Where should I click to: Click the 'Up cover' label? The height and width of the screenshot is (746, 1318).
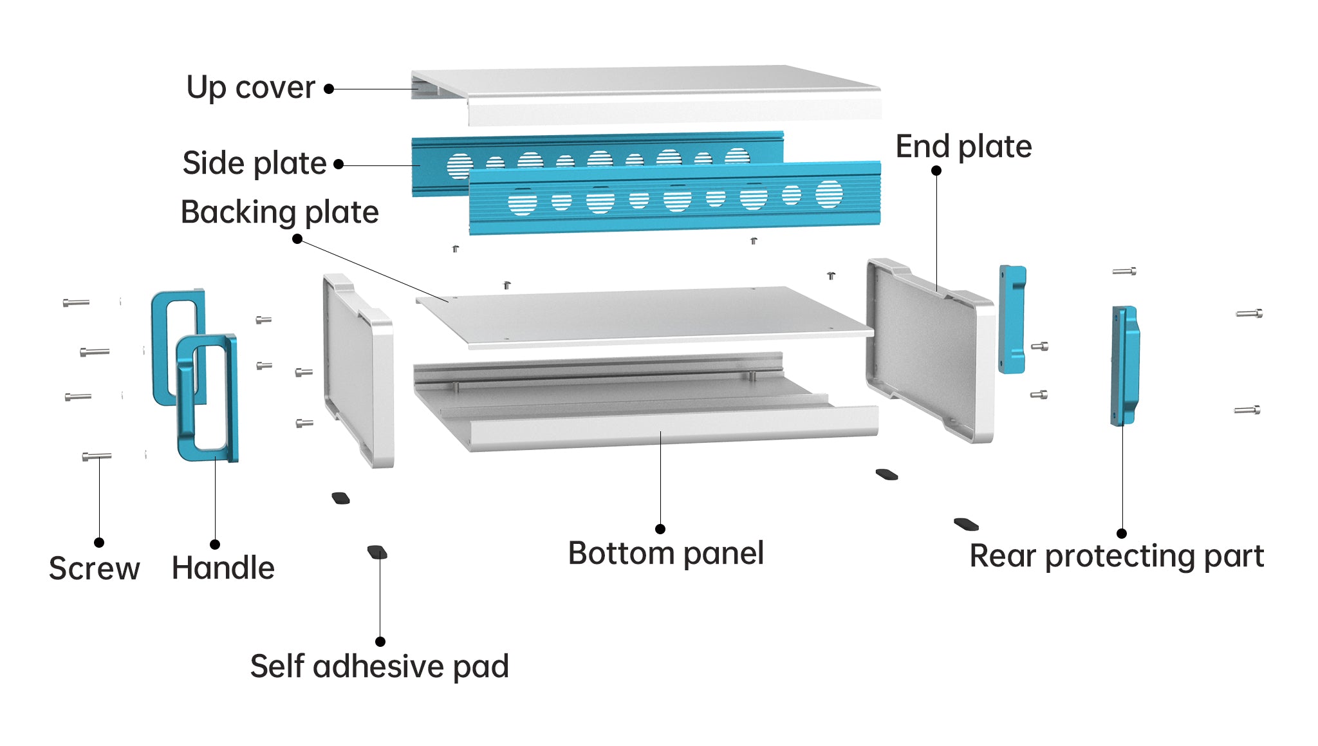(250, 88)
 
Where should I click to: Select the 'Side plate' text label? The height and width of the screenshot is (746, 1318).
(254, 163)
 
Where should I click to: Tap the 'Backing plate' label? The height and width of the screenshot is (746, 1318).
(279, 212)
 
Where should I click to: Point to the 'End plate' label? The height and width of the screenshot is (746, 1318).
(963, 147)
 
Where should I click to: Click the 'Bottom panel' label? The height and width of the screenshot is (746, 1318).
(665, 554)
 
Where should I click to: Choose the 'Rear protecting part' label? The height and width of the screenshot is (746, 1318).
(1117, 556)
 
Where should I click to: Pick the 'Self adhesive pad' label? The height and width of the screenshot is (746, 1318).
(379, 666)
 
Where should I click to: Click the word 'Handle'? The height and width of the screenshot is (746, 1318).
(223, 568)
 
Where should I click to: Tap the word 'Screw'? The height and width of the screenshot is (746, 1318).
(94, 568)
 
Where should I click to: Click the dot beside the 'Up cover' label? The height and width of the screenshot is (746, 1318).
(329, 89)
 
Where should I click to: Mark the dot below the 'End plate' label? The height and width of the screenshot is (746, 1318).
(936, 171)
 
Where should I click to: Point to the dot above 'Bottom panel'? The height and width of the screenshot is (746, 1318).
(660, 529)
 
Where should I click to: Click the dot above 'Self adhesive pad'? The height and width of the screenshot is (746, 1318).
(380, 642)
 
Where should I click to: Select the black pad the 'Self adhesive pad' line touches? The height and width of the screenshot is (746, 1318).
(377, 552)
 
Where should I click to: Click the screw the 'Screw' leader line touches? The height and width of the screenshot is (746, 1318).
(97, 456)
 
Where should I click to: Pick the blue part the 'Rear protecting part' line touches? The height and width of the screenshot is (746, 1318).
(1124, 365)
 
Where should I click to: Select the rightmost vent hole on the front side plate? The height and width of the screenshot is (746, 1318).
(828, 194)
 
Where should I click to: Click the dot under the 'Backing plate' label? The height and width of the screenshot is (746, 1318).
(297, 239)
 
